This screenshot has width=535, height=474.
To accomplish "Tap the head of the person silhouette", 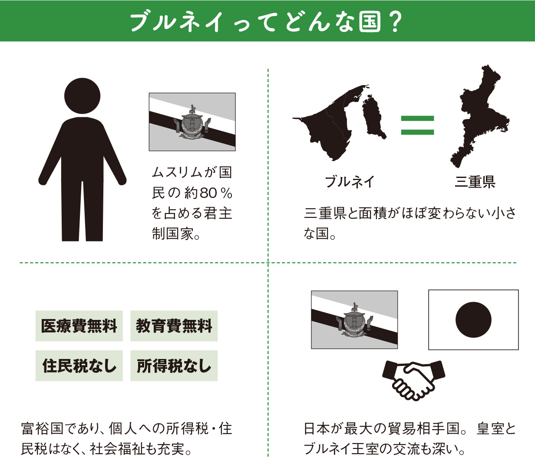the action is tap(83, 96).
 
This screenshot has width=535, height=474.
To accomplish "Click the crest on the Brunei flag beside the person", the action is tap(192, 122).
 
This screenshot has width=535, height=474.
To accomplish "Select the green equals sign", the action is tap(417, 125).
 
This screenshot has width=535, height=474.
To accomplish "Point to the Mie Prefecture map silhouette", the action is tap(478, 116).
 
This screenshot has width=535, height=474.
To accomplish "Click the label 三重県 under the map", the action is tap(475, 182).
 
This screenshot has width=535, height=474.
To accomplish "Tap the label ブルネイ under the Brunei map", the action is tap(350, 182).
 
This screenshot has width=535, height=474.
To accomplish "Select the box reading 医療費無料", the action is tap(79, 326).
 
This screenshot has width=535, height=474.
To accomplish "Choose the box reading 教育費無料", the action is tap(174, 326).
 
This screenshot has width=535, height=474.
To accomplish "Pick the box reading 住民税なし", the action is tap(79, 366).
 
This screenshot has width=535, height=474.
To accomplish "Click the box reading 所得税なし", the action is tap(174, 366).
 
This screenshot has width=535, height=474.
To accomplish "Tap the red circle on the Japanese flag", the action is tap(473, 320).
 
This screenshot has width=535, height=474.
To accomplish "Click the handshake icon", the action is tap(414, 380).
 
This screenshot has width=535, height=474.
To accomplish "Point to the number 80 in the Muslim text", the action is tap(208, 193).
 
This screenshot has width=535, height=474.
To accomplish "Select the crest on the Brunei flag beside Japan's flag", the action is tap(354, 319).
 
